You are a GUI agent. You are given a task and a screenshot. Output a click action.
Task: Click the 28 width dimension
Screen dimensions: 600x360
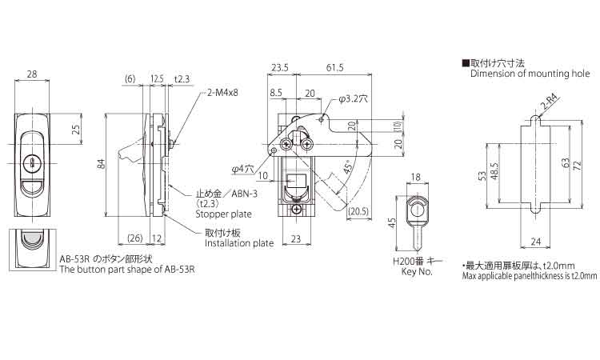click(x=32, y=74)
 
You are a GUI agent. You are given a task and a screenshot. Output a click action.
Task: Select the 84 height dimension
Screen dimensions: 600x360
click(x=101, y=164)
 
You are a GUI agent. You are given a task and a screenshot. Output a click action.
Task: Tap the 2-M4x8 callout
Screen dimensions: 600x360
click(x=222, y=93)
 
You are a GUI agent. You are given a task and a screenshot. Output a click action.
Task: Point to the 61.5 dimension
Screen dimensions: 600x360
click(x=335, y=68)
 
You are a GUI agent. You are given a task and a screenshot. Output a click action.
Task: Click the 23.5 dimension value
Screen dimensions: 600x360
click(x=280, y=68)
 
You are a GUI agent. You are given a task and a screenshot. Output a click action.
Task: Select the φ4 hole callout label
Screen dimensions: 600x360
click(x=242, y=168)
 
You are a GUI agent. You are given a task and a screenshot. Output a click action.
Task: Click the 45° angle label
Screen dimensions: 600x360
click(x=347, y=167)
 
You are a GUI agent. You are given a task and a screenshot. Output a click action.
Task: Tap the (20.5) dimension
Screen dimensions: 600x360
click(x=358, y=211)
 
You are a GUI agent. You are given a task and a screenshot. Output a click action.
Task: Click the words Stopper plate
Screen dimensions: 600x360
click(x=223, y=214)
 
